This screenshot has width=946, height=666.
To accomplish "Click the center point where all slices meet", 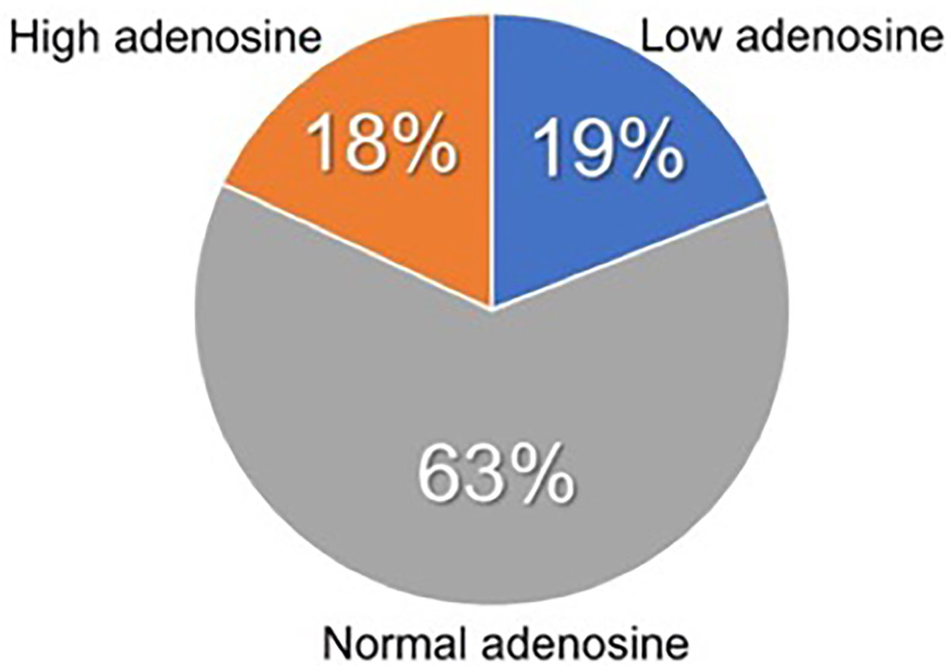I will point(492,309).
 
